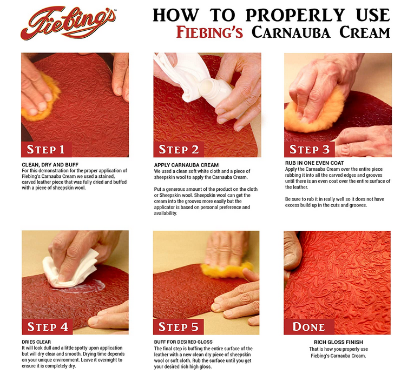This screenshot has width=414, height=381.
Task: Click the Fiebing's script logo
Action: pyautogui.click(x=68, y=23)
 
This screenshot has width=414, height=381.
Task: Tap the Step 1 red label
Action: pyautogui.click(x=47, y=149)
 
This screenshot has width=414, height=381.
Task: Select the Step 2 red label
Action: pyautogui.click(x=179, y=149)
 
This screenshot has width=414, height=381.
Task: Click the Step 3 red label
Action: pyautogui.click(x=310, y=149)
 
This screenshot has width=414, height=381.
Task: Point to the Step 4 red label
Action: pyautogui.click(x=47, y=326)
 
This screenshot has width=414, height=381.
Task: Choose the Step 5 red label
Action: pyautogui.click(x=178, y=326)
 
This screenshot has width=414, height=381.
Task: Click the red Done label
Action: pyautogui.click(x=309, y=326)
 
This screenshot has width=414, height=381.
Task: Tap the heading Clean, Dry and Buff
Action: pyautogui.click(x=50, y=165)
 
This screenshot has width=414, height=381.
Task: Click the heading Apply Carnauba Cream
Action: pyautogui.click(x=186, y=165)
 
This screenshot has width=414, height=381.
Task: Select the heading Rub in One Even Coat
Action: pyautogui.click(x=314, y=163)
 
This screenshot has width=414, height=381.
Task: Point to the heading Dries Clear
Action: pyautogui.click(x=36, y=342)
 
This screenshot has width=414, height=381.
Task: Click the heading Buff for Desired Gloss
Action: pyautogui.click(x=183, y=342)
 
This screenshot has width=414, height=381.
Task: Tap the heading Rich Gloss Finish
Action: pyautogui.click(x=338, y=342)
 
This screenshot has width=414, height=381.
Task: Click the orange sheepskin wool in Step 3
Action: pyautogui.click(x=314, y=110)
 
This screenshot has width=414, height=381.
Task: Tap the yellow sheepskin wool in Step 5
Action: pyautogui.click(x=227, y=270)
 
